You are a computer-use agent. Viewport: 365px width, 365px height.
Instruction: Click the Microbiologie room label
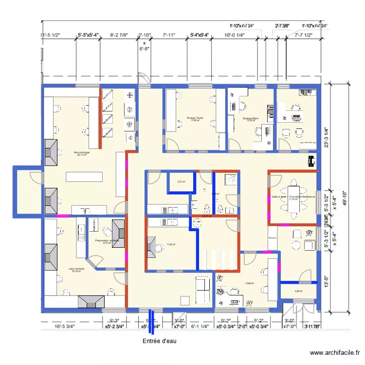point(82,154)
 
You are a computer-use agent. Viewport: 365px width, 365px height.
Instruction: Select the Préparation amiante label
point(107,241)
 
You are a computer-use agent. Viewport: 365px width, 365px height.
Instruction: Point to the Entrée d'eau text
point(159,341)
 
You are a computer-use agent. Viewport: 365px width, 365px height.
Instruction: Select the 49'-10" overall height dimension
point(344,200)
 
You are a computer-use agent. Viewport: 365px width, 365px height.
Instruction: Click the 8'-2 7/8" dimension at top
point(119,36)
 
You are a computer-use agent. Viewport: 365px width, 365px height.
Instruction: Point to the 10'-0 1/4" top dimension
point(234,36)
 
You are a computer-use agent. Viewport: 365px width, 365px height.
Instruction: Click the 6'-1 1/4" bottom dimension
point(200,327)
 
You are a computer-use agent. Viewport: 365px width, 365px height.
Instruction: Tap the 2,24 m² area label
point(181,182)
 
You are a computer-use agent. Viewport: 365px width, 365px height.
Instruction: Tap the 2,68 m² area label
point(298,292)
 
